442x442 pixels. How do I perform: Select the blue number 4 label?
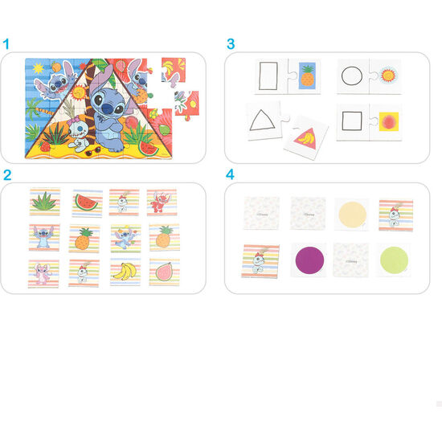click(x=231, y=174)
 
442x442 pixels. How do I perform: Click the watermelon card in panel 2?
click(x=87, y=202)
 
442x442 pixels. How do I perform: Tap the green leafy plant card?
click(x=44, y=202)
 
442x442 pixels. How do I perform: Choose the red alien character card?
click(x=162, y=202)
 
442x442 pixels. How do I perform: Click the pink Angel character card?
click(x=44, y=272)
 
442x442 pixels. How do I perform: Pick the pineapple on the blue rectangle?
click(x=307, y=77)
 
